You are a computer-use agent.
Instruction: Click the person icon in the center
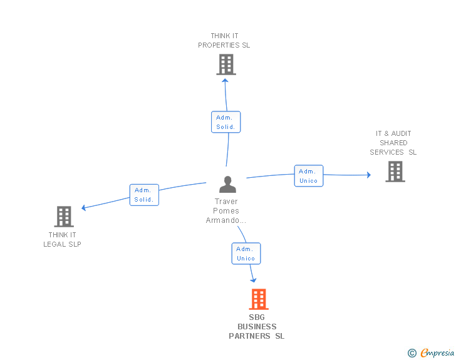point(227,184)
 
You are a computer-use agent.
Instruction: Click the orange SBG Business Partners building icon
point(259,299)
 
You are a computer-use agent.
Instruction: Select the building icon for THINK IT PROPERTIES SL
point(226,64)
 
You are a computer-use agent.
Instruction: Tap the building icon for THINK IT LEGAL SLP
point(64,217)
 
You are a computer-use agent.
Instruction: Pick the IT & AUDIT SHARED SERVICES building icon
point(395,172)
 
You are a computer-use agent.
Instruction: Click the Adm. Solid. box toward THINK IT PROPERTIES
point(225,122)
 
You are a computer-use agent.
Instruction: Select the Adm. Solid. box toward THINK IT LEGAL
point(144,195)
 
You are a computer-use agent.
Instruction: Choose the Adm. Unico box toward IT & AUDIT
point(309,176)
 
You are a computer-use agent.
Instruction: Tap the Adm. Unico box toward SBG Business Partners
point(246,254)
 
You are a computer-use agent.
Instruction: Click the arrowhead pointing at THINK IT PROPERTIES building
point(225,81)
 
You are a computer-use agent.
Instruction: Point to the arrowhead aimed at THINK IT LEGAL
point(83,208)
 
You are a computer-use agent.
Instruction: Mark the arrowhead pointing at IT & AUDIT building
point(369,175)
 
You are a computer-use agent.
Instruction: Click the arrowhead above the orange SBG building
point(253,280)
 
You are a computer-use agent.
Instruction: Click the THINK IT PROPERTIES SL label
point(224,41)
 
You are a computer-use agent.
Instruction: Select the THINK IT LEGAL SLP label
point(62,239)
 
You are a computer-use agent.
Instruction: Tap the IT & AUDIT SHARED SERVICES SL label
point(393,143)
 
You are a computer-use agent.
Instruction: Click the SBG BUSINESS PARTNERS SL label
point(257,327)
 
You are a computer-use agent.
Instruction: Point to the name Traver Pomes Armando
point(226,211)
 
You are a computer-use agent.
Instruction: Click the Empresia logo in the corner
point(437,353)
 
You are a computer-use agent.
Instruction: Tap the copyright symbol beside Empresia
point(412,353)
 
